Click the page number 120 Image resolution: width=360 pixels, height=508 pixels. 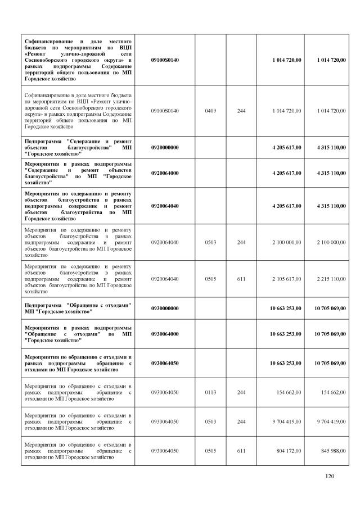[330, 477]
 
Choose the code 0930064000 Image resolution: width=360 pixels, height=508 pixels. [165, 334]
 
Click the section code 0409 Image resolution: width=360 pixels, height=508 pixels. [211, 111]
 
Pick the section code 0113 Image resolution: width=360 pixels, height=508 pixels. [211, 392]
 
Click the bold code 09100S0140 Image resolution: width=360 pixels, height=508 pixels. [165, 60]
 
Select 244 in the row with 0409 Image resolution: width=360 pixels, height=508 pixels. [241, 111]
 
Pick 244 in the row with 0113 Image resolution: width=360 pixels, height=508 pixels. [241, 392]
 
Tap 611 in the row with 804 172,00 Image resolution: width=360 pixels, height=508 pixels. [241, 451]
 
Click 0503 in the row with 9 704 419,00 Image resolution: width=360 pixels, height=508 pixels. [211, 421]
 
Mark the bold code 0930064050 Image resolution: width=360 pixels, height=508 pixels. [165, 363]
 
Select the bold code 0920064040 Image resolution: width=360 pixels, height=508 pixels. [165, 206]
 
